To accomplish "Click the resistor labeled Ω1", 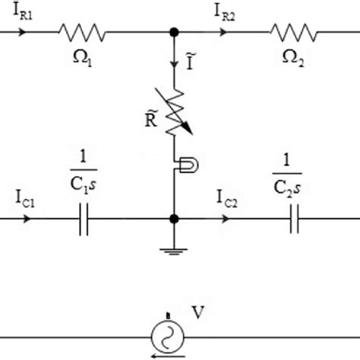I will [82, 33].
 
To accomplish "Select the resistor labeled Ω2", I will [293, 33].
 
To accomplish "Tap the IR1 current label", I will [21, 13].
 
